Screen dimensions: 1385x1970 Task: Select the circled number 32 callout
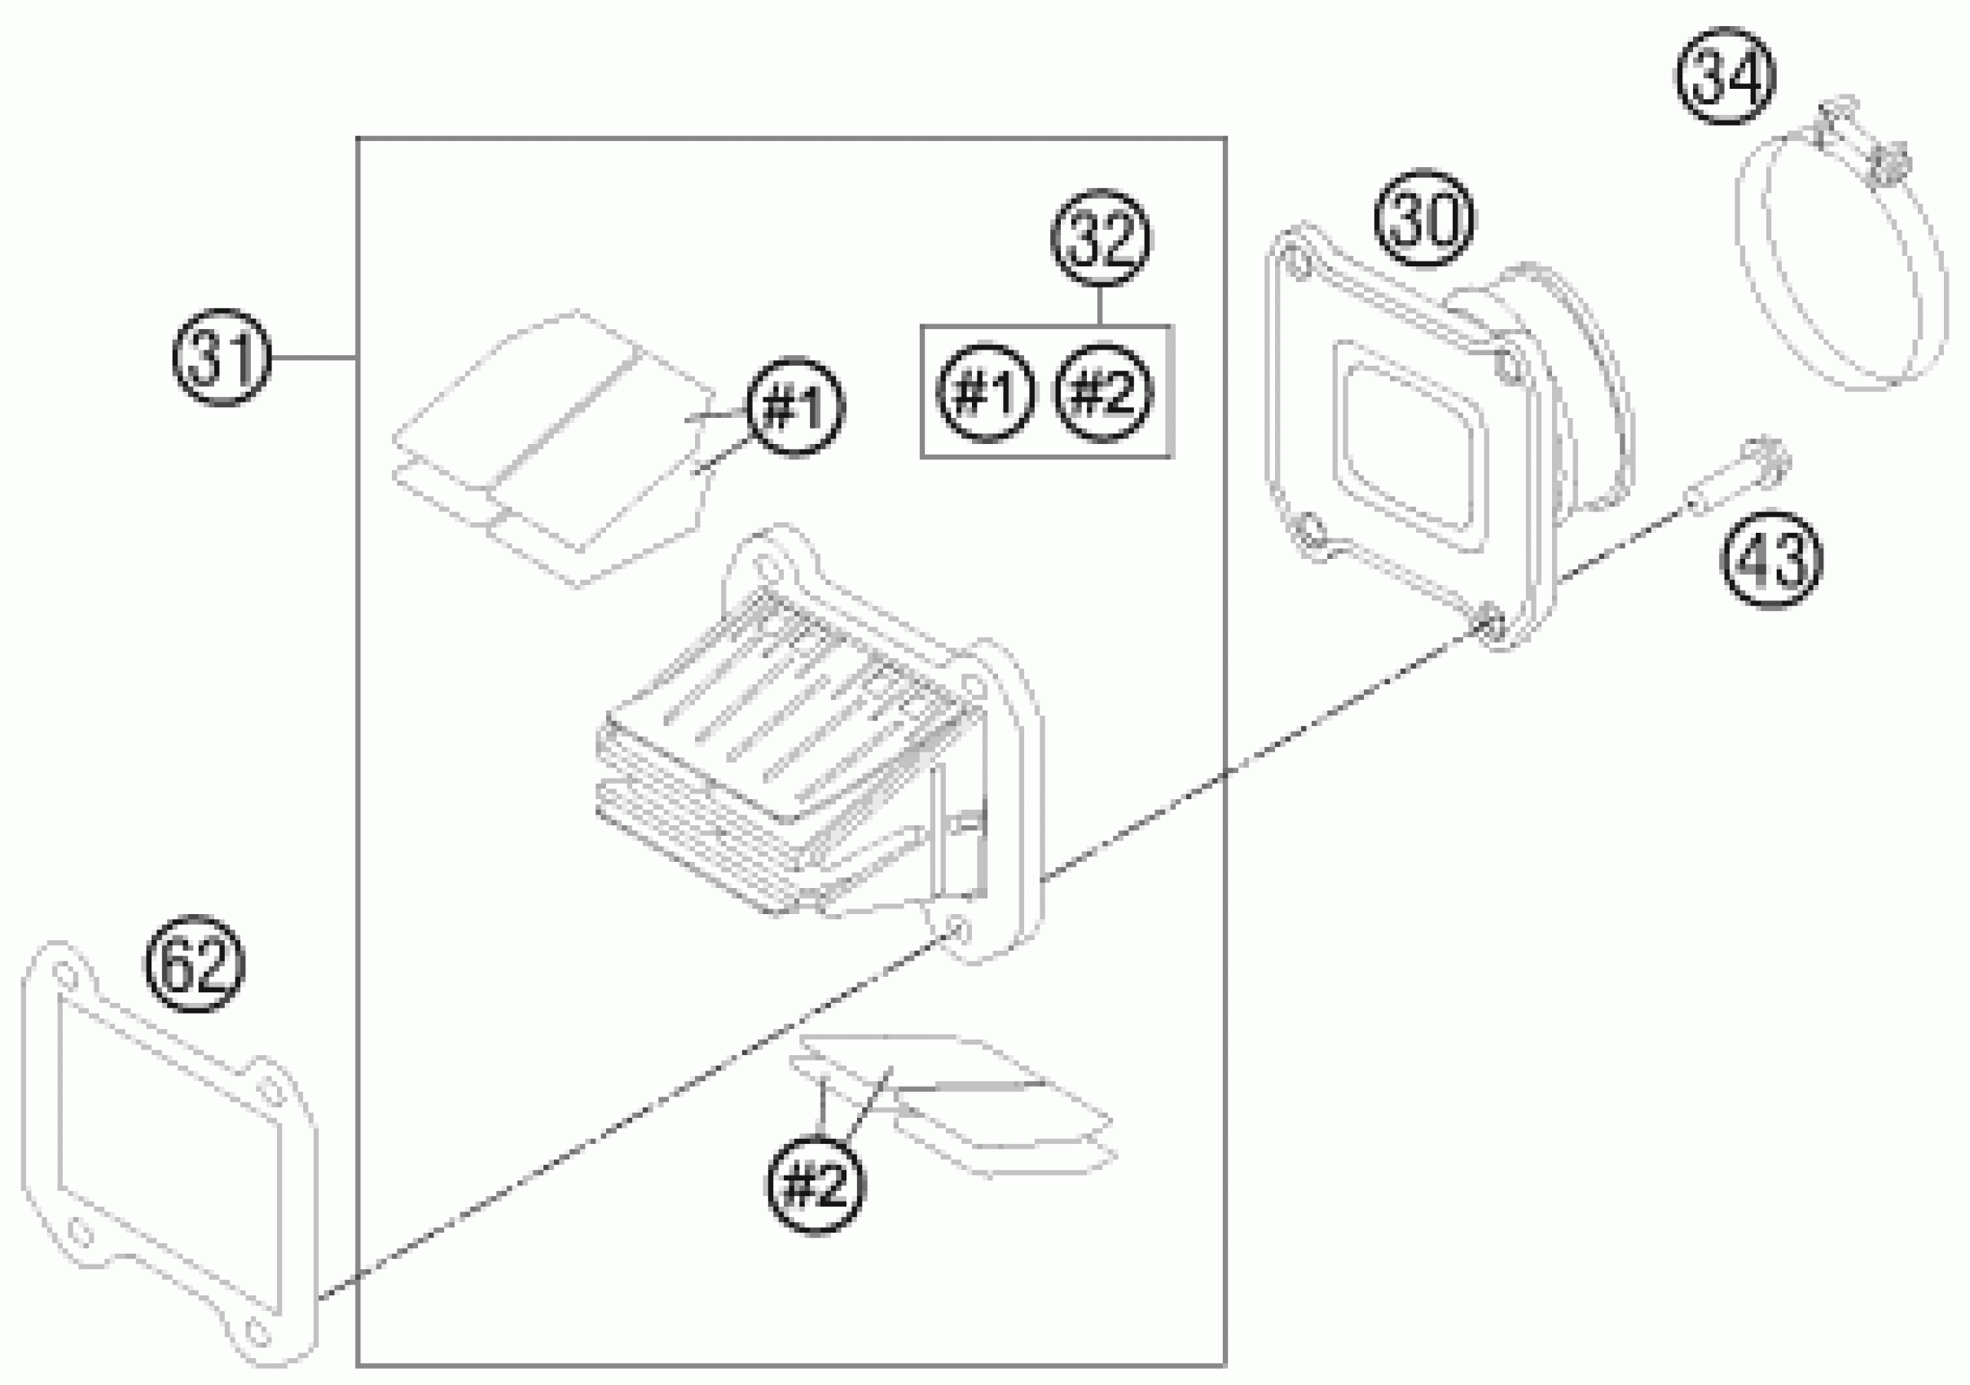click(1102, 238)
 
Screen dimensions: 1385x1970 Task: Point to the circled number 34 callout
click(1726, 76)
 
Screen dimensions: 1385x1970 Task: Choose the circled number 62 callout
click(196, 963)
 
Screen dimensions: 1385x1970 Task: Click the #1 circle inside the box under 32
click(985, 393)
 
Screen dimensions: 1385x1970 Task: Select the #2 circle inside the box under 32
click(1103, 393)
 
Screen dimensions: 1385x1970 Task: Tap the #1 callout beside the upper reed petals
click(795, 407)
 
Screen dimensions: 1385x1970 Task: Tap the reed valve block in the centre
click(815, 755)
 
